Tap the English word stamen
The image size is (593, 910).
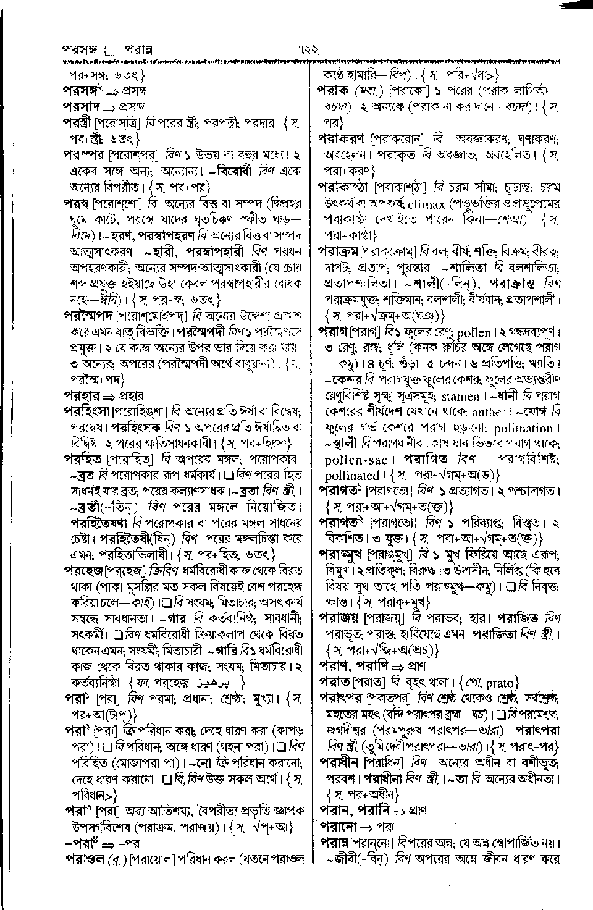(x=458, y=397)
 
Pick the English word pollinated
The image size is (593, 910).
(x=351, y=476)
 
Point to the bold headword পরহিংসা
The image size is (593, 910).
(x=91, y=410)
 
